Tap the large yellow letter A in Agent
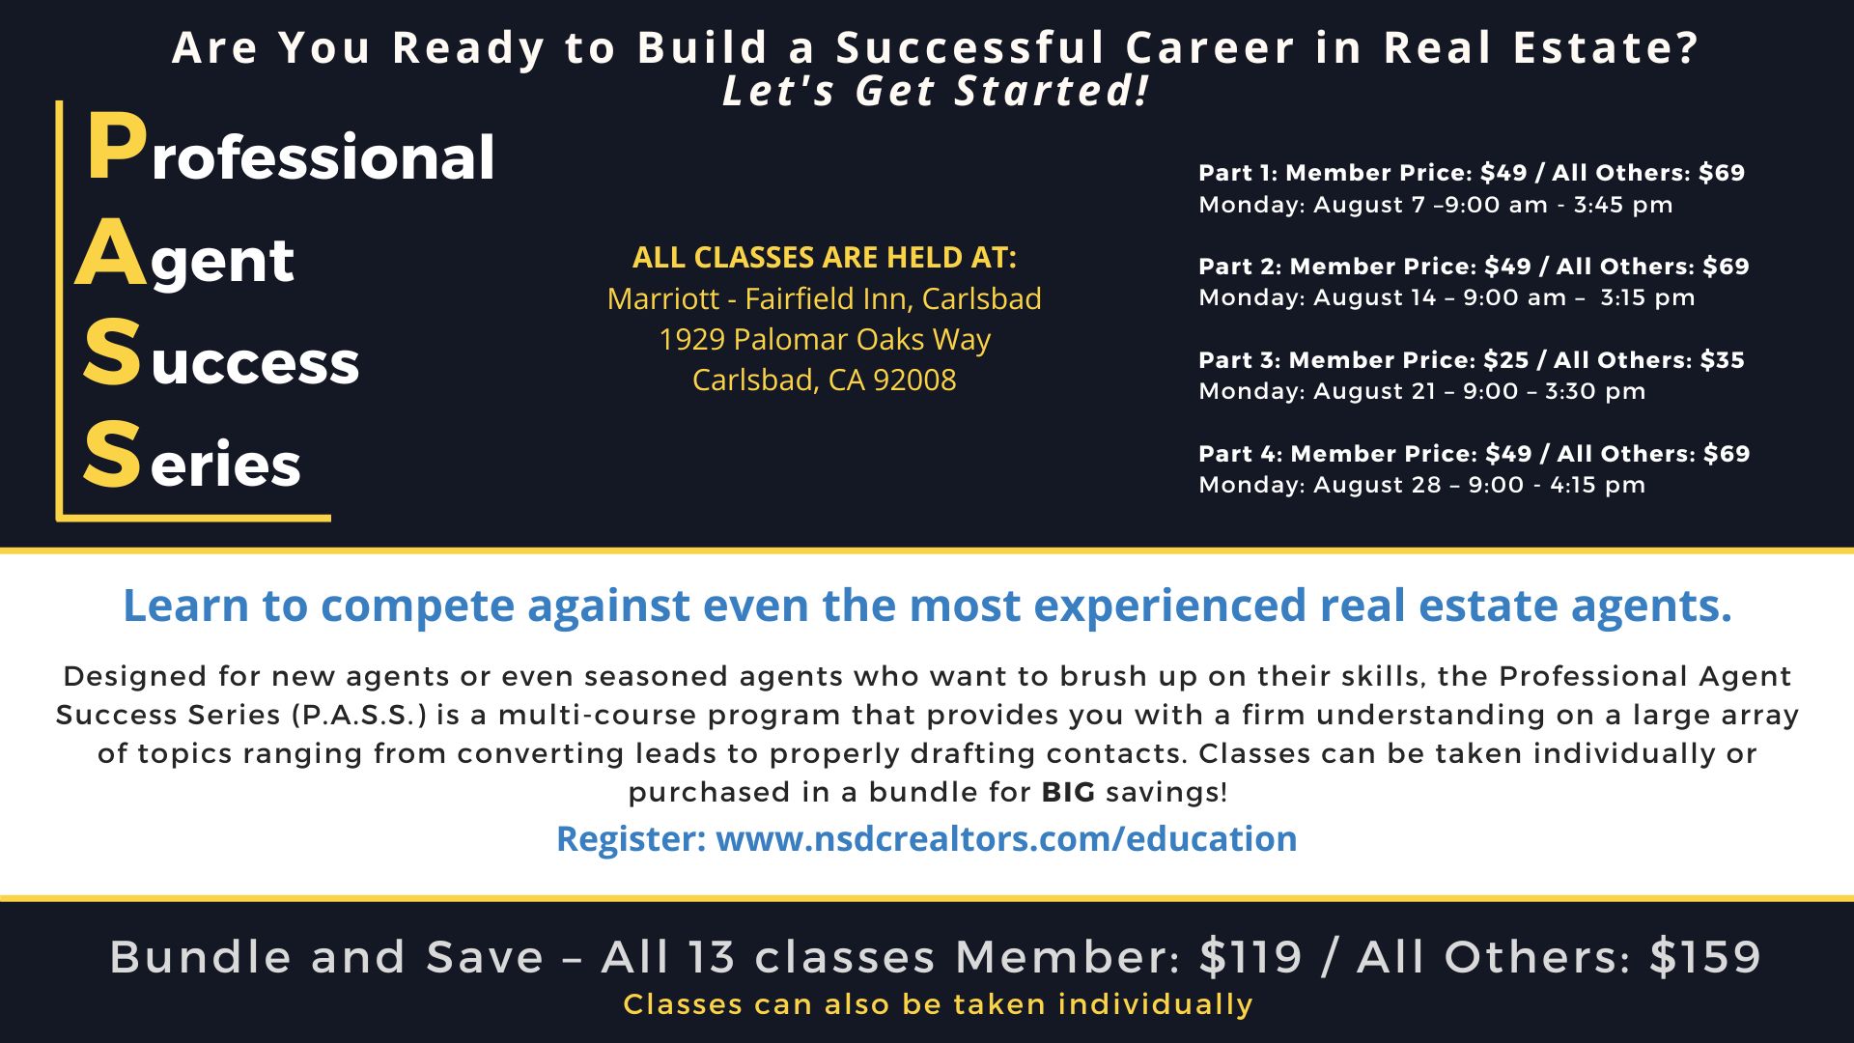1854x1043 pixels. pos(111,252)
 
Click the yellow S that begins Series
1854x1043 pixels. pos(111,455)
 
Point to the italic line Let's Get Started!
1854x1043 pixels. pos(936,91)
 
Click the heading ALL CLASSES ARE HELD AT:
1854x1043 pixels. pos(825,257)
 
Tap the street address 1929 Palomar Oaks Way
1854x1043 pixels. pos(825,340)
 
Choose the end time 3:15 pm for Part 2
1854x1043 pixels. pos(1647,297)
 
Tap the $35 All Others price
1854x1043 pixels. pos(1722,360)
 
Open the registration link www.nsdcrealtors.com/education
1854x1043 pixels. pos(1006,838)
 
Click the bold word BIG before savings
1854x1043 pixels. pos(1068,793)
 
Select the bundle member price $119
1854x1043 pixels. pos(1251,957)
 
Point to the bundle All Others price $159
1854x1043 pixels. pos(1705,957)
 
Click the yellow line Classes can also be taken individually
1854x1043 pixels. pos(939,1004)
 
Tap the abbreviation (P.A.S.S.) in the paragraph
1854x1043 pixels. pos(359,716)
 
